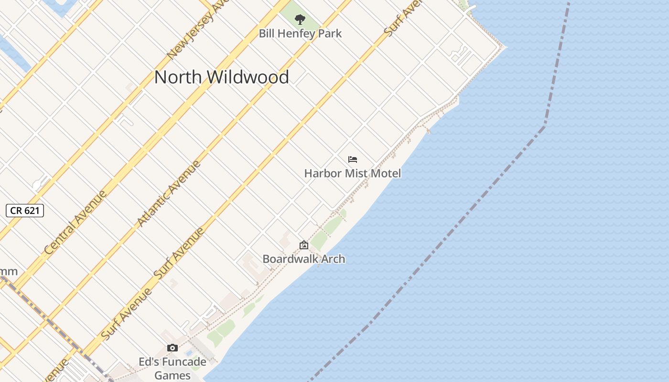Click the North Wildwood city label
click(221, 77)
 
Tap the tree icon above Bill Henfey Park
click(300, 20)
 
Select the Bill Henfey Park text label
click(300, 33)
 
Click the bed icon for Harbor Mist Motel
click(353, 159)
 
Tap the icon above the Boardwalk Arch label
click(303, 245)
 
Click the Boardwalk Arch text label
click(303, 259)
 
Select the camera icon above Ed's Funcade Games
click(173, 348)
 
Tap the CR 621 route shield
click(25, 210)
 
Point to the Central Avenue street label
click(76, 223)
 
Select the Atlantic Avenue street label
click(169, 193)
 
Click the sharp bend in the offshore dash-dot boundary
click(545, 126)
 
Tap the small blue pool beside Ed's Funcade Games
click(189, 353)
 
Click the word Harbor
click(323, 173)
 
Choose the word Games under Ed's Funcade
click(173, 375)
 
